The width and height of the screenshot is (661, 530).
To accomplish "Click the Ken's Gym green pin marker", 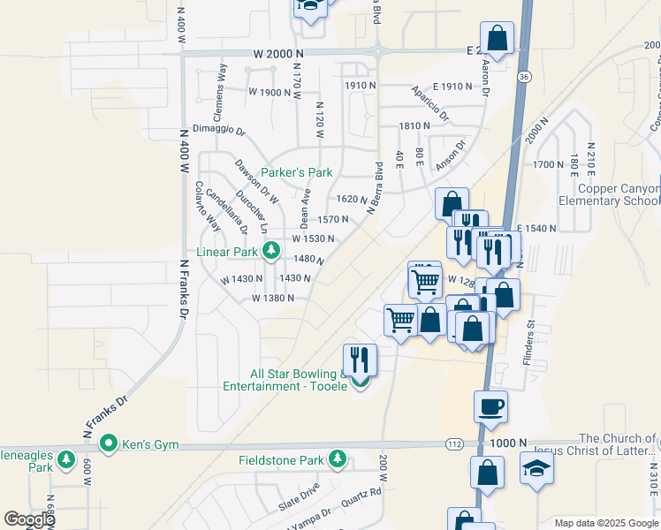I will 110,442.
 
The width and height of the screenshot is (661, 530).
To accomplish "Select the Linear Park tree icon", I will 272,252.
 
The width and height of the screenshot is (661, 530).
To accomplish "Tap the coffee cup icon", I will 490,406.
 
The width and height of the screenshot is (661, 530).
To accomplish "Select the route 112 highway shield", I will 454,443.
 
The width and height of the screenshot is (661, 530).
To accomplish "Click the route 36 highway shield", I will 524,78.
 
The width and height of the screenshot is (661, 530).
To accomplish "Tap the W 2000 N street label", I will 277,54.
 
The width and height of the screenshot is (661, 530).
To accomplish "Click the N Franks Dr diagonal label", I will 105,412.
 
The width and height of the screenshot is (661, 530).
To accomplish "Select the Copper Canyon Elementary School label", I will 619,195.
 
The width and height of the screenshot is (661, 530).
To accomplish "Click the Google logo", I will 30,519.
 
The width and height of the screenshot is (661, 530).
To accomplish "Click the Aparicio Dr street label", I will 429,103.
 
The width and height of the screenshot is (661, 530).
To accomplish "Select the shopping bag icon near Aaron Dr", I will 497,38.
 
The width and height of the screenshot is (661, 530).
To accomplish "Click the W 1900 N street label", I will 270,92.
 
